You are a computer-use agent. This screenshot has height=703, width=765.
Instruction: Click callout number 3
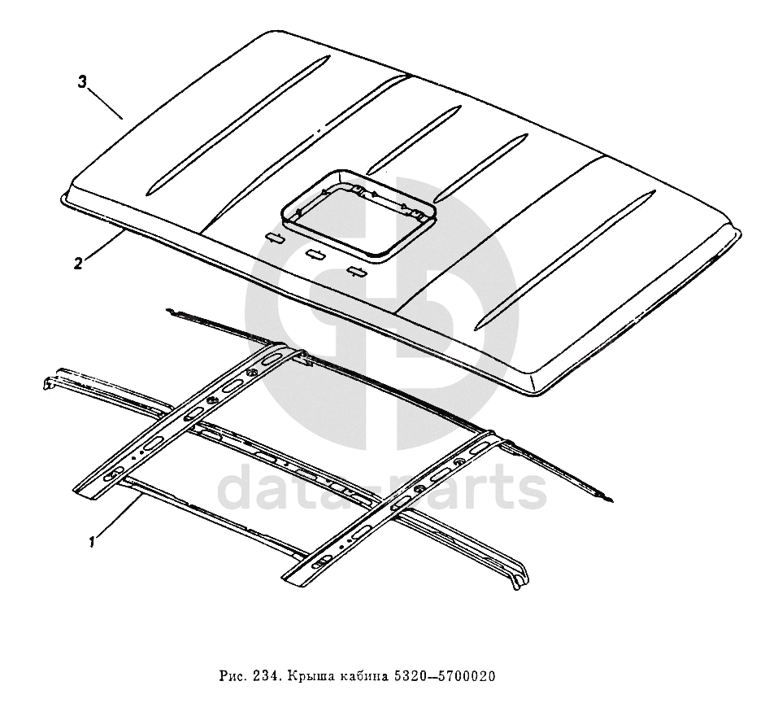coord(82,81)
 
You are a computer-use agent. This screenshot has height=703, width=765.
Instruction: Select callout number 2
coord(78,263)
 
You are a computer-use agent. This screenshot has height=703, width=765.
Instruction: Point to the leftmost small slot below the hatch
coord(274,237)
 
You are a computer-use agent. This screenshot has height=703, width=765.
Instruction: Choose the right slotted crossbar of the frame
coord(390,509)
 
